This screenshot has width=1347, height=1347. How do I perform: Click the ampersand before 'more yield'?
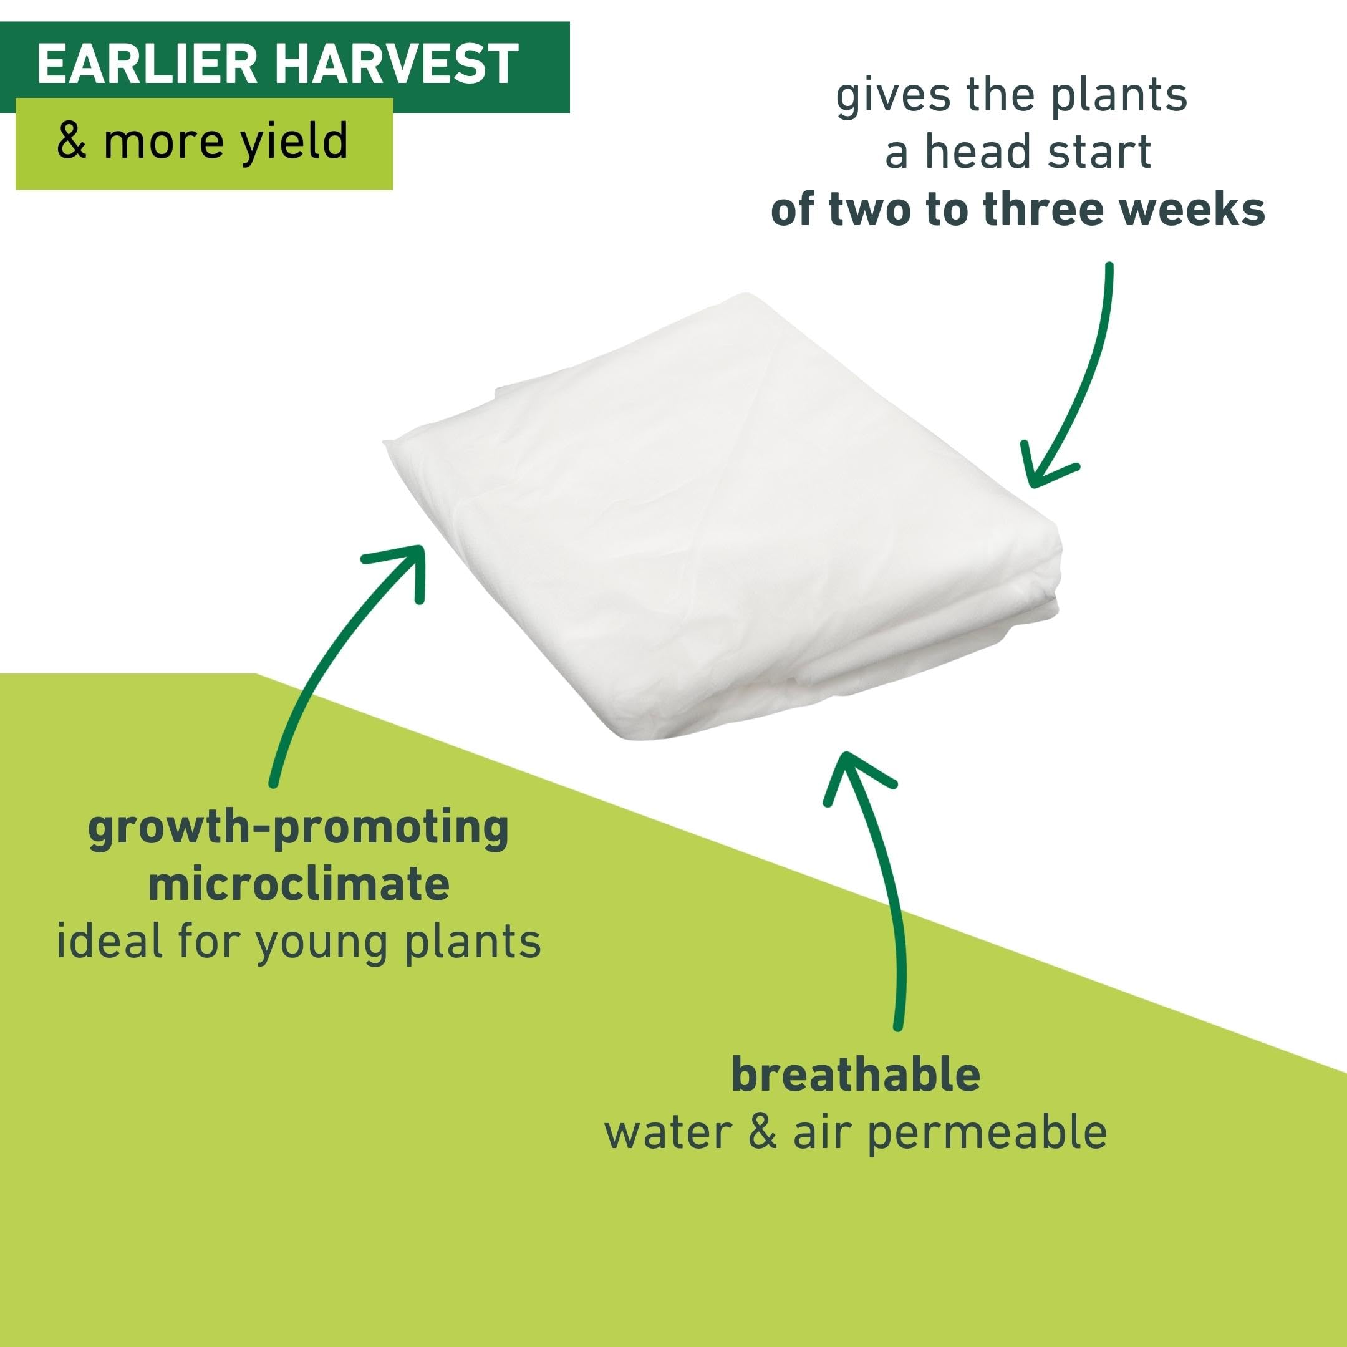point(72,141)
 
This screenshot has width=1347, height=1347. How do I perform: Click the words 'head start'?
point(1038,152)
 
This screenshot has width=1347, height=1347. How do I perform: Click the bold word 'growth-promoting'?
point(299,829)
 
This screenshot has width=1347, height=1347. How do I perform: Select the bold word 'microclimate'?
point(299,884)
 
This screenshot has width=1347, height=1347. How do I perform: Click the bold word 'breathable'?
point(856,1074)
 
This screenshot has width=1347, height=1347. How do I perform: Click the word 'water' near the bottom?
point(667,1133)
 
